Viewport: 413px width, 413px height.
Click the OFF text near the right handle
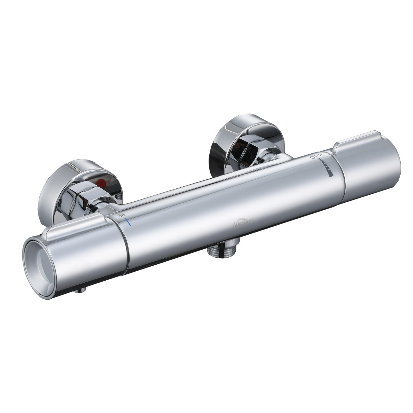[x=316, y=156]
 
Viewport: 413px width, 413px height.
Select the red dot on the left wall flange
[x=102, y=183]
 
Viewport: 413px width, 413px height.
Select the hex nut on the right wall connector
[x=248, y=152]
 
